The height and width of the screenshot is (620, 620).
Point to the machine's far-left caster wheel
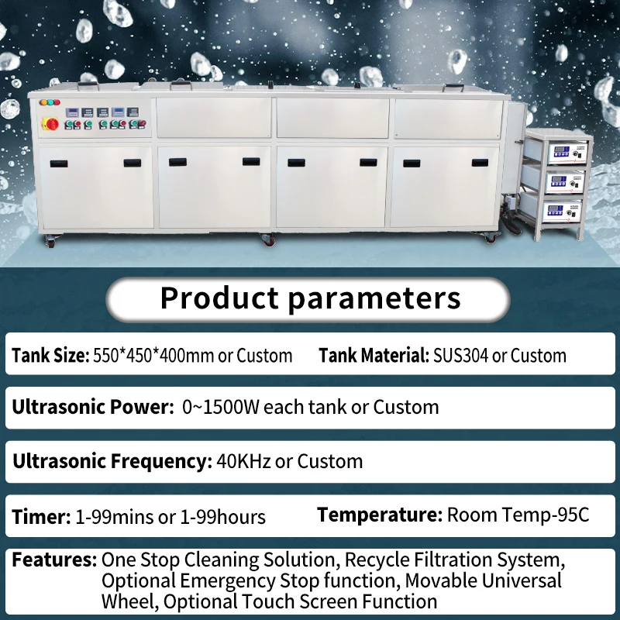tap(51, 243)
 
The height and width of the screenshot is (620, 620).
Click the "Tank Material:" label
tap(373, 355)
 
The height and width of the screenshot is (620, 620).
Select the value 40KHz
tap(243, 461)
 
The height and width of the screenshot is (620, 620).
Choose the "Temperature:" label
tap(379, 515)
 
